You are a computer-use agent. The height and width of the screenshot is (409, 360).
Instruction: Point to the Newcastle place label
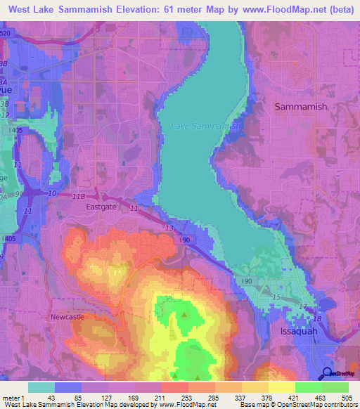pyautogui.click(x=67, y=317)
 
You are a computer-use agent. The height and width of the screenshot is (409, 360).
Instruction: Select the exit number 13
pyautogui.click(x=168, y=228)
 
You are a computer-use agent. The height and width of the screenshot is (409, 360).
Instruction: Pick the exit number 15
pyautogui.click(x=276, y=298)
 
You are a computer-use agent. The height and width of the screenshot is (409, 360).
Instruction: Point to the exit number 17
pyautogui.click(x=303, y=306)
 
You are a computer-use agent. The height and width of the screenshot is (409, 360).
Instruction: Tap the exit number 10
pyautogui.click(x=53, y=193)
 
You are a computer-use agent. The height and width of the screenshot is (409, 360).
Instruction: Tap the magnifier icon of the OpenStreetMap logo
pyautogui.click(x=327, y=374)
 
